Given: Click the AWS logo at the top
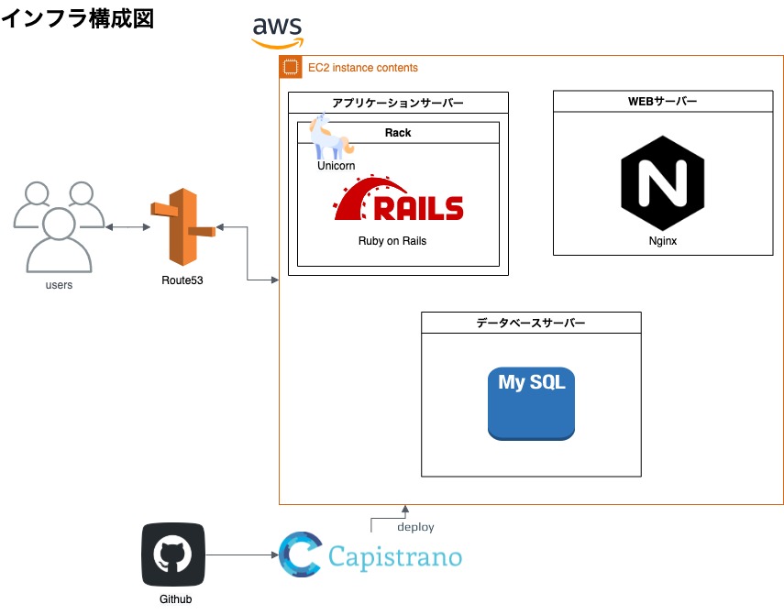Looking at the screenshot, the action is (278, 31).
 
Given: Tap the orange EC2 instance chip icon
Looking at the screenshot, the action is (291, 67).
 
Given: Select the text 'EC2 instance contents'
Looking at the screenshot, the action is (362, 68).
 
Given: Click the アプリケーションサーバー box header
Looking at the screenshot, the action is (398, 103).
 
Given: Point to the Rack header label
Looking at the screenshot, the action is (398, 133).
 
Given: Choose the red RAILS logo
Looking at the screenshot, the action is (399, 198).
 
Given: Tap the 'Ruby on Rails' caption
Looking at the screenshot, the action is (392, 241).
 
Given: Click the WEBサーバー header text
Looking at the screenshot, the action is (662, 102).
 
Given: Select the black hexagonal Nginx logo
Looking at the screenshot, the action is (662, 183).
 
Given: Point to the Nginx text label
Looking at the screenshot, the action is (662, 241).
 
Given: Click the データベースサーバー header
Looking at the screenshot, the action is (531, 323).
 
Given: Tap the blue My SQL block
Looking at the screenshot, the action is (531, 403).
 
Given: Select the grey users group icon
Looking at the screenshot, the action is (59, 226).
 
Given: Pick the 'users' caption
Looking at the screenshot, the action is (59, 285).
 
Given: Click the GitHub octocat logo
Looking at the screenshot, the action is (173, 555).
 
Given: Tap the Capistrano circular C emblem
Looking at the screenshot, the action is (300, 555).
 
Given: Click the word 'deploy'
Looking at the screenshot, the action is (415, 528).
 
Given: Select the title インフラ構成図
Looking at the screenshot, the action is (77, 19).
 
